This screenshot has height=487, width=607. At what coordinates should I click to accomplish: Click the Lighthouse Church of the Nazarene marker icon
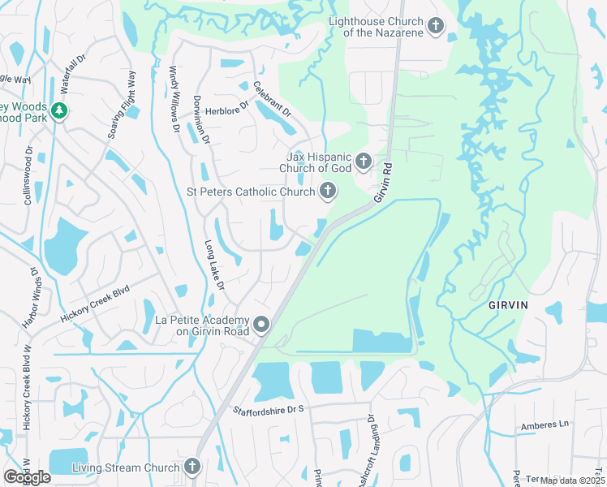pos(436,27)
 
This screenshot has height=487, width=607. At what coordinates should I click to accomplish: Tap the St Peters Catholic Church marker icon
pos(328,192)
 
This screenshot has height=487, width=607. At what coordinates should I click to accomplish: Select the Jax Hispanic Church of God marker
pos(363,160)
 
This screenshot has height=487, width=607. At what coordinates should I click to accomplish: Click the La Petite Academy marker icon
pos(261,325)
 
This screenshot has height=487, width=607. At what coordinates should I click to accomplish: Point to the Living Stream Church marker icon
pos(192,467)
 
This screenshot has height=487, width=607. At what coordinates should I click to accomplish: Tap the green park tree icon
pos(58,111)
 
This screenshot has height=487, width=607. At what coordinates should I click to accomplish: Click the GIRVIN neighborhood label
pos(508,304)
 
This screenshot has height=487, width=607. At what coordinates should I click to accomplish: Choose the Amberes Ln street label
pos(545,425)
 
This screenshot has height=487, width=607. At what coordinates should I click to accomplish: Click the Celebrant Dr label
pos(271,99)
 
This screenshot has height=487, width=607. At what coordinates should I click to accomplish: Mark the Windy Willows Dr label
pos(174,100)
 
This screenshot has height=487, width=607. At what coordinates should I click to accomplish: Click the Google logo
pos(27,477)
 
